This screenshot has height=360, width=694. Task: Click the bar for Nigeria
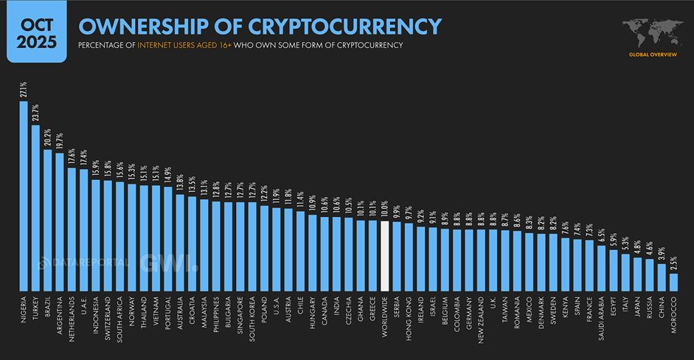tap(24, 195)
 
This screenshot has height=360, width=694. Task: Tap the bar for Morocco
tap(673, 282)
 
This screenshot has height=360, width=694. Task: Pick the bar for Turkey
tap(35, 207)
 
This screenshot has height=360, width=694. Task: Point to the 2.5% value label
tap(673, 263)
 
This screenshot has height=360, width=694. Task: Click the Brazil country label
tap(48, 308)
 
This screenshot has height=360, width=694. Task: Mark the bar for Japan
tap(637, 274)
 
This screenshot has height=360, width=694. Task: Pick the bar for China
tap(661, 277)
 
